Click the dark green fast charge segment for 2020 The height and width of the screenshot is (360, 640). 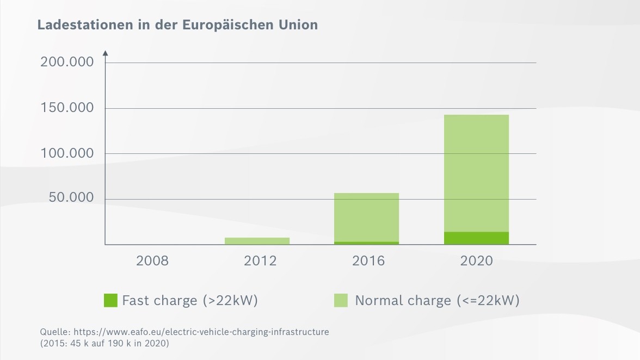(x=476, y=238)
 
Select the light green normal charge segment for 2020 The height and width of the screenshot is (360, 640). (x=476, y=173)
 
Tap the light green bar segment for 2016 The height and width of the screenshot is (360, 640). (x=366, y=217)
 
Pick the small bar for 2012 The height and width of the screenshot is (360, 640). (x=257, y=241)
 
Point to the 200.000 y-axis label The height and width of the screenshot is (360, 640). (x=67, y=62)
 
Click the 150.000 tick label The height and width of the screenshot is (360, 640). (x=67, y=108)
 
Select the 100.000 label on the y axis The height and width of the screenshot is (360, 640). (x=67, y=153)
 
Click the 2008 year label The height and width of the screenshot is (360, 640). (x=152, y=261)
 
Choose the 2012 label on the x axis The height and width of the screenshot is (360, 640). (x=260, y=261)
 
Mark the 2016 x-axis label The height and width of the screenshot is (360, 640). (x=368, y=261)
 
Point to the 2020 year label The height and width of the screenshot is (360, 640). (x=476, y=261)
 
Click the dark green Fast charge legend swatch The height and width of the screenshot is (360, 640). (x=110, y=300)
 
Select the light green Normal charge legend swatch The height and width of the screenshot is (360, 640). (x=341, y=300)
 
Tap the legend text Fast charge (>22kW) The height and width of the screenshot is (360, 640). (x=189, y=300)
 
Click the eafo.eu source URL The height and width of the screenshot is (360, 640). (x=201, y=332)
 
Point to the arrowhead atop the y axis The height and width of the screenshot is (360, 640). (x=105, y=53)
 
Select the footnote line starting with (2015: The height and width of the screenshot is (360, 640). (x=104, y=344)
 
